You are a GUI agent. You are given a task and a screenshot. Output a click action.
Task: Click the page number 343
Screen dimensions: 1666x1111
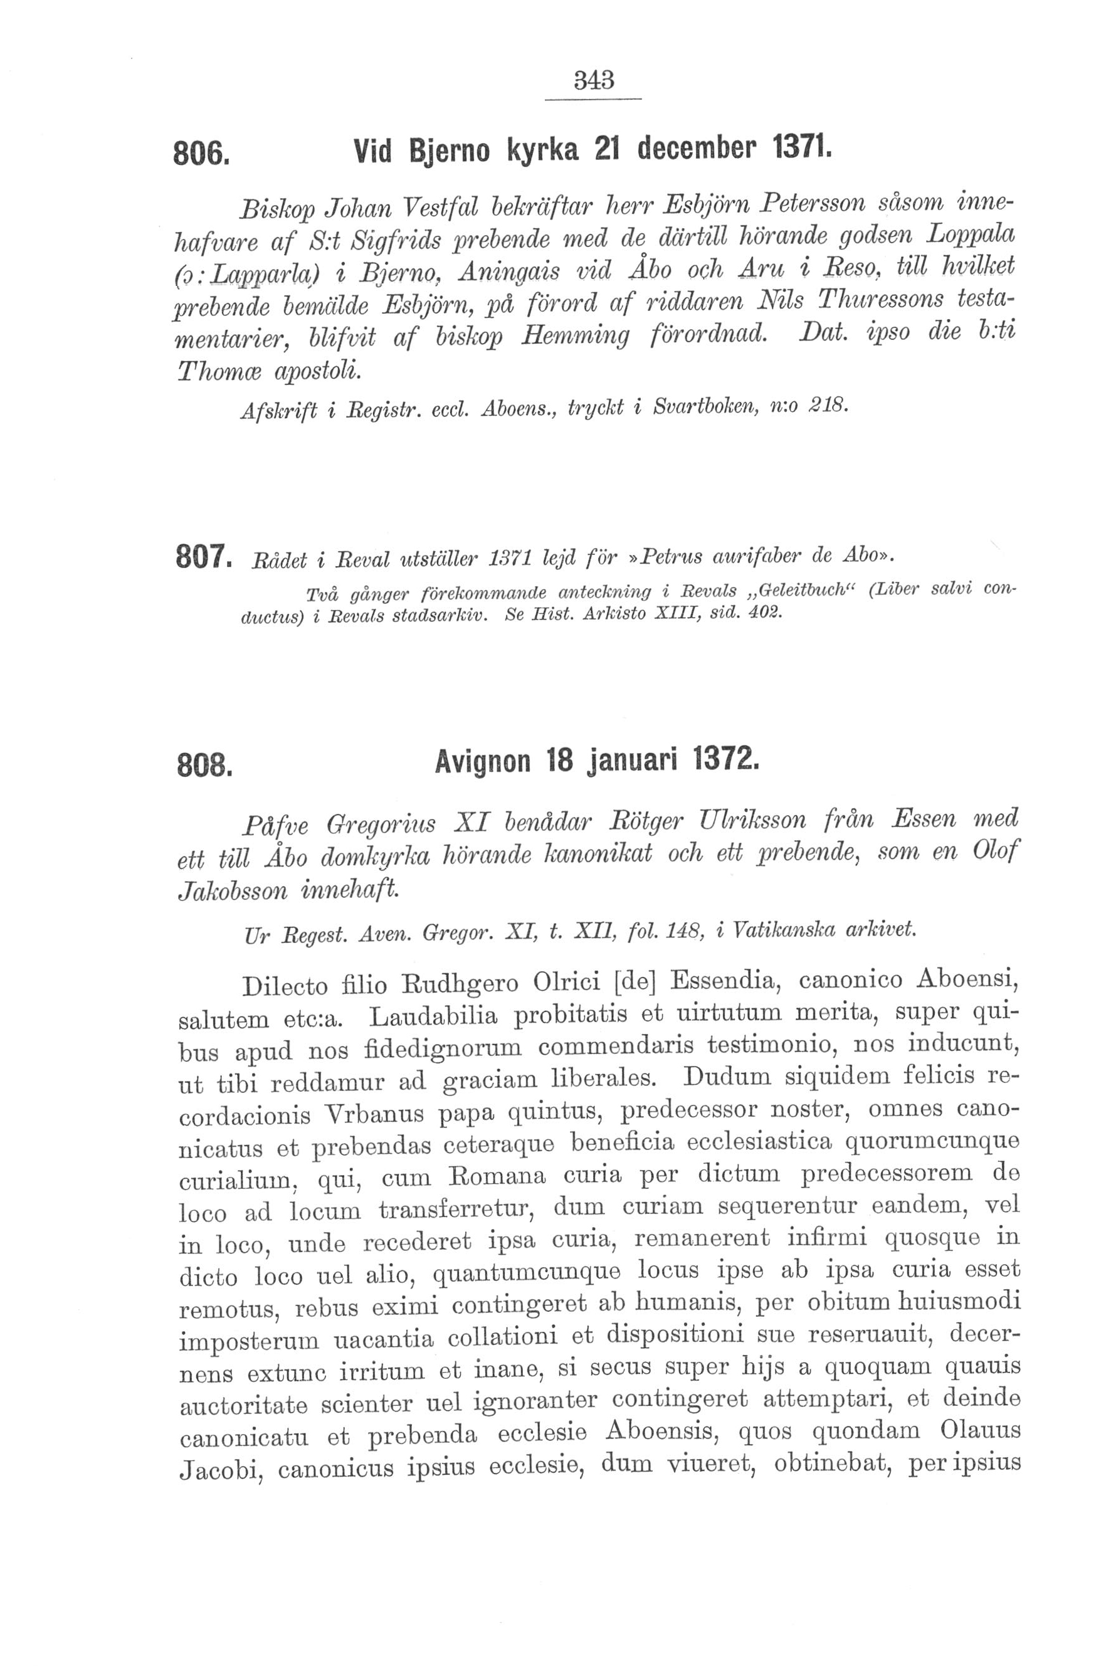point(593,80)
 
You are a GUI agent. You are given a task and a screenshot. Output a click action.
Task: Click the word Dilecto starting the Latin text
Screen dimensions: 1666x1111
point(285,986)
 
